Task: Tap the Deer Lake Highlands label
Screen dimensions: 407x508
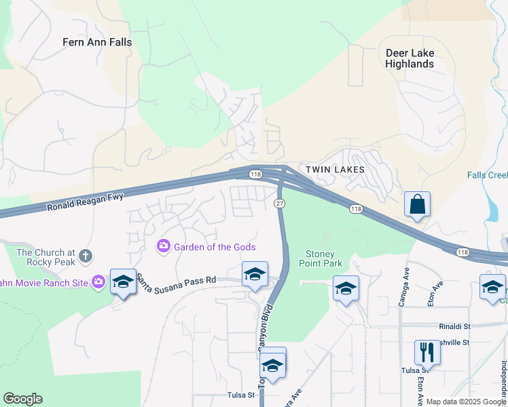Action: click(409, 58)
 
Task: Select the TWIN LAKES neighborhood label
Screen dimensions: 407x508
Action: click(335, 170)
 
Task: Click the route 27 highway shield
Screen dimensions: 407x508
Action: click(279, 204)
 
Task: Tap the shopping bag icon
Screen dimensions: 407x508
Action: click(417, 204)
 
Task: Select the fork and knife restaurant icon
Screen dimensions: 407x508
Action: click(427, 352)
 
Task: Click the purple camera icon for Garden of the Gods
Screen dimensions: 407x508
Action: click(163, 246)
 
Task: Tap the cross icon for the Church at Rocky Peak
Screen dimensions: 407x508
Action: click(85, 256)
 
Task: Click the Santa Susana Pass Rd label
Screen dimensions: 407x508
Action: click(177, 278)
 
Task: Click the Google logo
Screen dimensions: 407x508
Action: click(22, 399)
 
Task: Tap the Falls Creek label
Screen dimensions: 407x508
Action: click(487, 175)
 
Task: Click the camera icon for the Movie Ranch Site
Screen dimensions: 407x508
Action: click(98, 281)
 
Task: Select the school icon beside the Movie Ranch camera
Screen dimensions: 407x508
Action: click(123, 280)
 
